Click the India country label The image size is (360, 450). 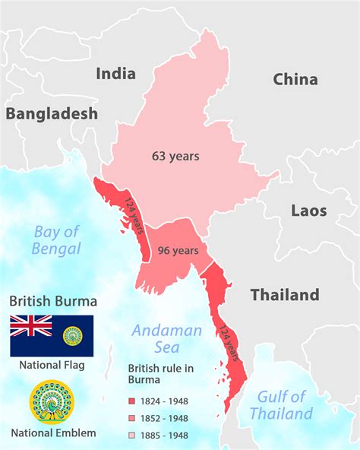point(115,74)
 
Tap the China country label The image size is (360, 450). point(295,79)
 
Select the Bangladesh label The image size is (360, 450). point(52,114)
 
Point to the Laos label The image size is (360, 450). point(308,211)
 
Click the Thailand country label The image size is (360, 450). point(285,294)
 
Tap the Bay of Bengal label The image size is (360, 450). point(56,239)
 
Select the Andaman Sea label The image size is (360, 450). point(166,338)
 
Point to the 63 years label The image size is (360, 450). point(175,156)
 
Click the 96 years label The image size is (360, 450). point(178,251)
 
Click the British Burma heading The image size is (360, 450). point(52,301)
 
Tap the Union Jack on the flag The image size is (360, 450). point(31,326)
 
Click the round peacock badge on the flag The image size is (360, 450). point(74,335)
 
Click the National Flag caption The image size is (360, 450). point(52,365)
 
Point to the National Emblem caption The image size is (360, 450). point(53,433)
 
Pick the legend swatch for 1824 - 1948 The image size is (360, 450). point(132,401)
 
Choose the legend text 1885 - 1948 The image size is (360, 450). point(168,435)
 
